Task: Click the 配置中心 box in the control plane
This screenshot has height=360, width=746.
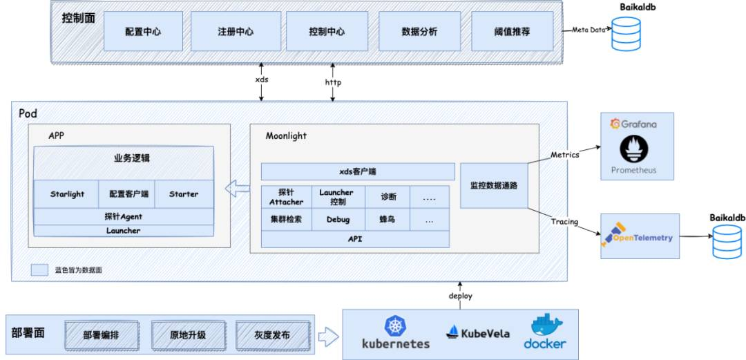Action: (x=143, y=31)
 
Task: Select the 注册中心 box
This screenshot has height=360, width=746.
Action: (x=236, y=31)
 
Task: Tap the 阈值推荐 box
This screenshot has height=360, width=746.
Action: (x=513, y=31)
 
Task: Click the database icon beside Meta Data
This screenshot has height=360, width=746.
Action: (x=626, y=34)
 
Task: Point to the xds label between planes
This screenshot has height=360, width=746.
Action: (x=262, y=79)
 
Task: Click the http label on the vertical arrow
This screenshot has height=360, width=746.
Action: (x=333, y=82)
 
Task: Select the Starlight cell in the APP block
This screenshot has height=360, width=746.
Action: (x=67, y=193)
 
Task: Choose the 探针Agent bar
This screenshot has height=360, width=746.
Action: (x=124, y=216)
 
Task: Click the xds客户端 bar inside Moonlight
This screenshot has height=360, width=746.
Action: (x=358, y=171)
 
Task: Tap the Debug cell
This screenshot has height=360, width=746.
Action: (x=338, y=220)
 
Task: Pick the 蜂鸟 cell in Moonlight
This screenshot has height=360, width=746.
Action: (x=388, y=220)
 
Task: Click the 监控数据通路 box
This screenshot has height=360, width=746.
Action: (x=494, y=186)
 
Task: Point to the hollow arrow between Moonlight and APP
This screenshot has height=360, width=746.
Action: (x=237, y=189)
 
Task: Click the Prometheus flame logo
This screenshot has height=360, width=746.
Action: (x=633, y=149)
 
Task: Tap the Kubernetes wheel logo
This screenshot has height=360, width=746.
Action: (x=395, y=326)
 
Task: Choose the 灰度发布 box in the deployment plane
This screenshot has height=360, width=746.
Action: (x=273, y=335)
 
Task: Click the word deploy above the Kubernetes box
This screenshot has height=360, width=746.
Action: (x=461, y=296)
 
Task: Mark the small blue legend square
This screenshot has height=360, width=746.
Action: (x=39, y=270)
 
